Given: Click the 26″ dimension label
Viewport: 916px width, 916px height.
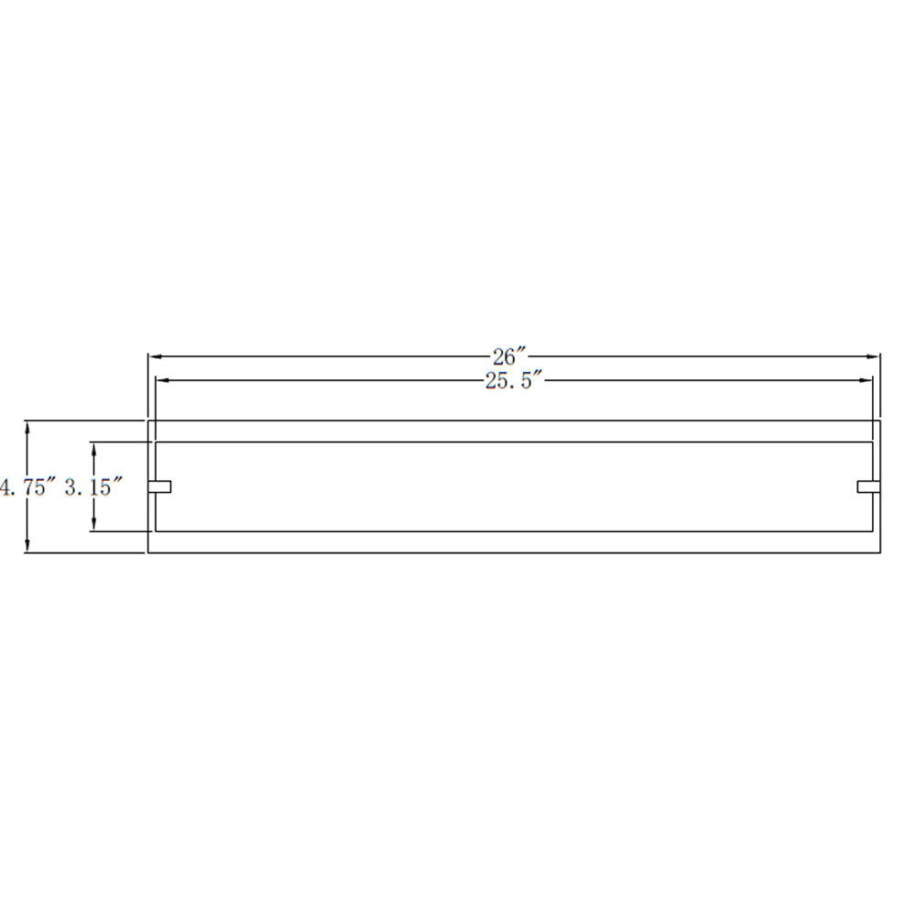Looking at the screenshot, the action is tap(509, 356).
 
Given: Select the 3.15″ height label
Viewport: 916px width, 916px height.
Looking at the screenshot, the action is tap(93, 486).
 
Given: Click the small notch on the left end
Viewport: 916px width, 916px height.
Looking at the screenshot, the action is tap(159, 486).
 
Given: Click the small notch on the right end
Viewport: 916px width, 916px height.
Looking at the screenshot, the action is tap(868, 486).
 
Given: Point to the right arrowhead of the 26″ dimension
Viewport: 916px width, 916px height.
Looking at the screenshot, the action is tap(873, 356).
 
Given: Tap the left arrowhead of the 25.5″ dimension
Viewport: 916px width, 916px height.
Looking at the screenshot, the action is tap(162, 380).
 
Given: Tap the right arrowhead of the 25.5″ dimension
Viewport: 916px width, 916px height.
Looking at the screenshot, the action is tap(866, 380).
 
